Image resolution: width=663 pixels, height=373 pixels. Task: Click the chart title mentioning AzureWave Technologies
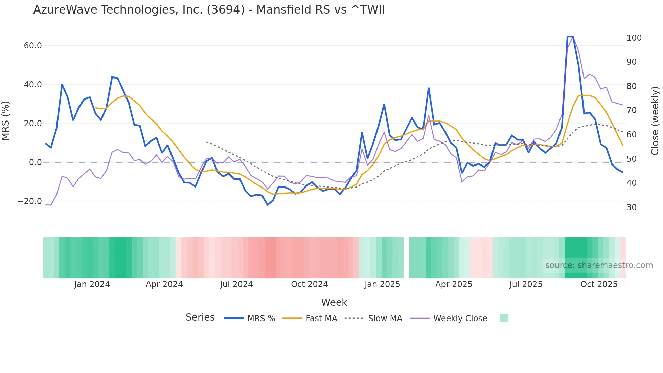pos(209,10)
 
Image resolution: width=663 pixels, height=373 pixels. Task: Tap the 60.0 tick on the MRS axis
pos(33,46)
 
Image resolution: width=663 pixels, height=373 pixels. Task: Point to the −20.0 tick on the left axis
pos(30,201)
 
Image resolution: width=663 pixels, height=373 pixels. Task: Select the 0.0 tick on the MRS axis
pos(35,162)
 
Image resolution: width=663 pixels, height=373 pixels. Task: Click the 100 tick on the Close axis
pos(634,38)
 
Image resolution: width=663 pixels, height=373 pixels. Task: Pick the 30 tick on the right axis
pos(632,207)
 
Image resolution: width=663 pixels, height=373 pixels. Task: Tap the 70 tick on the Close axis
pos(632,110)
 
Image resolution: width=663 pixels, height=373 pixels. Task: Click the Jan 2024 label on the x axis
pos(92,284)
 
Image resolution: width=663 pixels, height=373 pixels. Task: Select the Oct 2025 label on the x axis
pos(599,284)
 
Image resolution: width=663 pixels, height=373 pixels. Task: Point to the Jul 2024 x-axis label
pos(236,284)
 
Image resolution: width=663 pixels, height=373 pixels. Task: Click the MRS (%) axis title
pos(6,121)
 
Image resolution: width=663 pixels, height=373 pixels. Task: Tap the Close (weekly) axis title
pos(655,121)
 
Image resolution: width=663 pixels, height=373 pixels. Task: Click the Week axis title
pos(334,302)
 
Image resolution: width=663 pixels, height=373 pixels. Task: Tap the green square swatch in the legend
pos(504,318)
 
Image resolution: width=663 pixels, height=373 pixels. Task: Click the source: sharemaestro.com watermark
pos(599,265)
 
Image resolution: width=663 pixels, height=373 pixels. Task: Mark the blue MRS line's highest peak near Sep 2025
pos(570,37)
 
